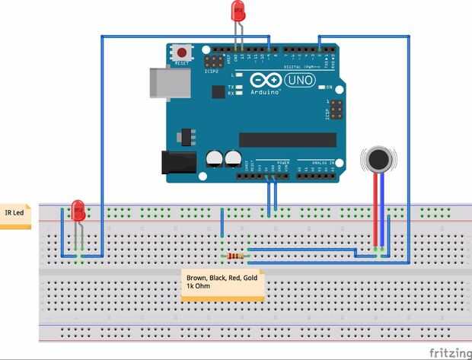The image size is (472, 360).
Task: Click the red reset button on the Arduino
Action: click(183, 53)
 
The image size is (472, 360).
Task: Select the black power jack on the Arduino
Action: click(174, 162)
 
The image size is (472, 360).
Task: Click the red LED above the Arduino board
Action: click(238, 11)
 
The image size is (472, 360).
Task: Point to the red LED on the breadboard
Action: click(78, 210)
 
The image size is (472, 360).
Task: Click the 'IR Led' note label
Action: click(15, 214)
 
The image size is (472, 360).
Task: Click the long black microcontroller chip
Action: click(287, 139)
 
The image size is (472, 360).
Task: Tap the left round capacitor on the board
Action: click(215, 158)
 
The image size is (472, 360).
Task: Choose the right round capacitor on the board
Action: click(232, 158)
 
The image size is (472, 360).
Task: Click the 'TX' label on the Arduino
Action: click(231, 88)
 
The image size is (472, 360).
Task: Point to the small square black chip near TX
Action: click(218, 91)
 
